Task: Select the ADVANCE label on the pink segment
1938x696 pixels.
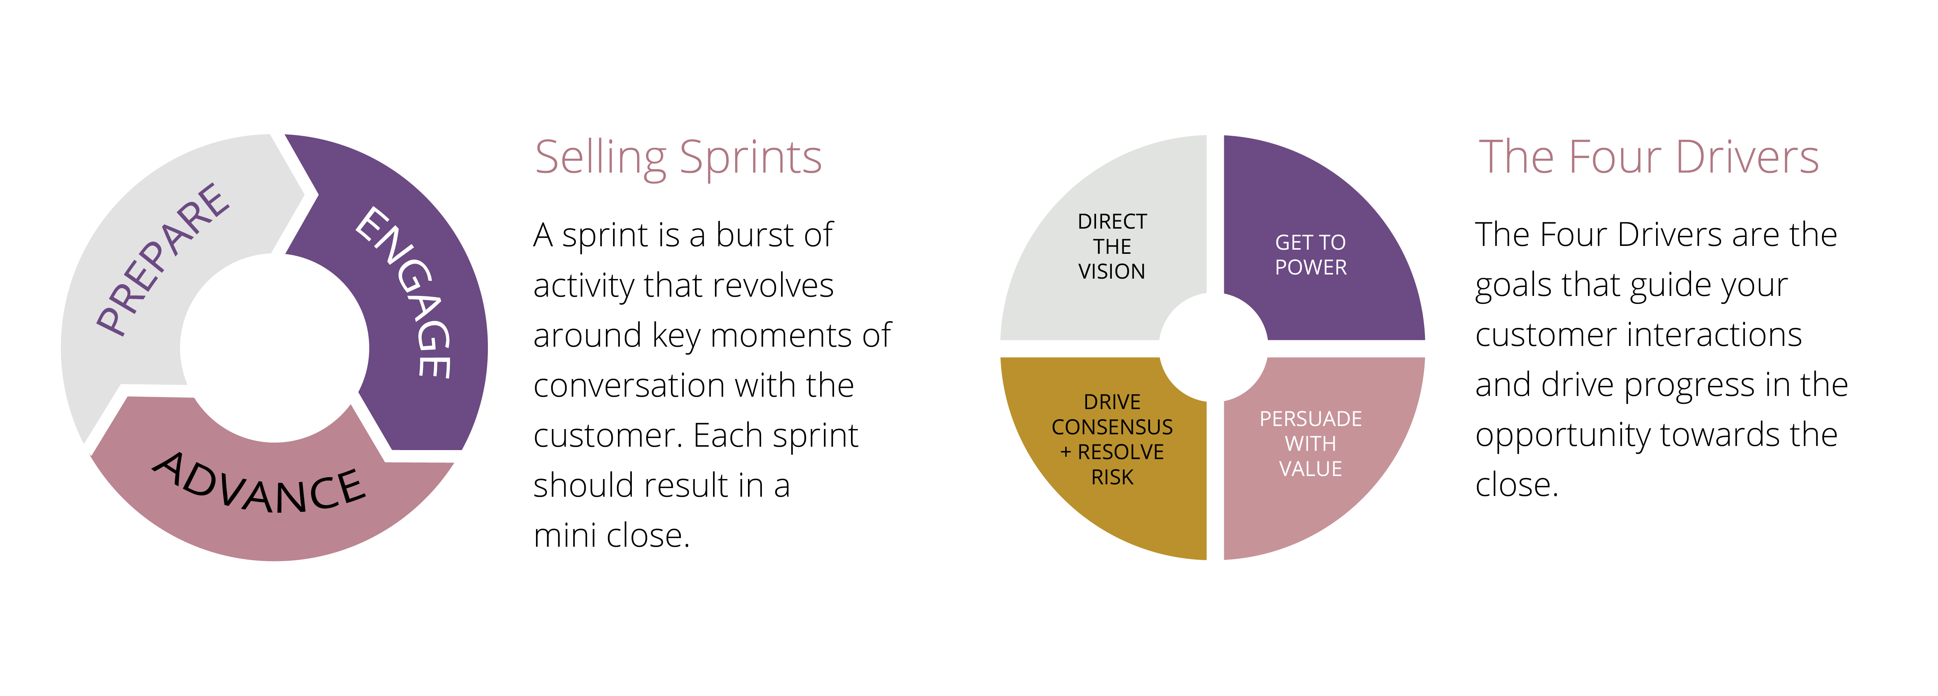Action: (x=260, y=483)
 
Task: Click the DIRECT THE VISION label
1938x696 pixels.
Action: (x=1112, y=246)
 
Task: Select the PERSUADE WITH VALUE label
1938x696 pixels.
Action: (x=1311, y=443)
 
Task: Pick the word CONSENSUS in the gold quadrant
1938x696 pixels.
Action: (x=1112, y=427)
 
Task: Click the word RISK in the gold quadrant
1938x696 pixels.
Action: (x=1112, y=477)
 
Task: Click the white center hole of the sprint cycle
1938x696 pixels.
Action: (x=275, y=347)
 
